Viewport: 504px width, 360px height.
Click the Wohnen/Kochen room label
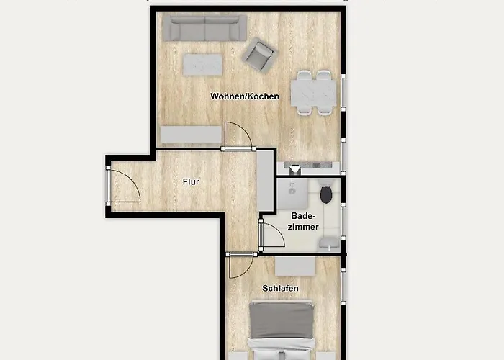click(245, 96)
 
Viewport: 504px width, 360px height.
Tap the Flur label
click(191, 182)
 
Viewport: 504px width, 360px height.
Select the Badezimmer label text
click(303, 221)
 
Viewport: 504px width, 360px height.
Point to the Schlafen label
click(280, 288)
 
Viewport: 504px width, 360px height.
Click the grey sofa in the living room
click(204, 28)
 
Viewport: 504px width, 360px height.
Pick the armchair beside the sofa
click(259, 55)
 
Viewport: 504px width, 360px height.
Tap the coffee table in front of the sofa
click(202, 65)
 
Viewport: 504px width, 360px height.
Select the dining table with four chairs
click(313, 93)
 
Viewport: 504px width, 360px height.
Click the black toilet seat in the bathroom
click(326, 195)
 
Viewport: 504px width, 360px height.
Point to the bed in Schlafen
click(282, 330)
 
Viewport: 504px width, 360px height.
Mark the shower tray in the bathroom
click(292, 193)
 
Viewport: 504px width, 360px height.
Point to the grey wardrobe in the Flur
click(265, 181)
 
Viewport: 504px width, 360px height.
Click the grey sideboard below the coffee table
click(192, 135)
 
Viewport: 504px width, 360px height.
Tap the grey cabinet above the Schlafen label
click(295, 266)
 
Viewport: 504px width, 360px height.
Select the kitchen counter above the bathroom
click(309, 168)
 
